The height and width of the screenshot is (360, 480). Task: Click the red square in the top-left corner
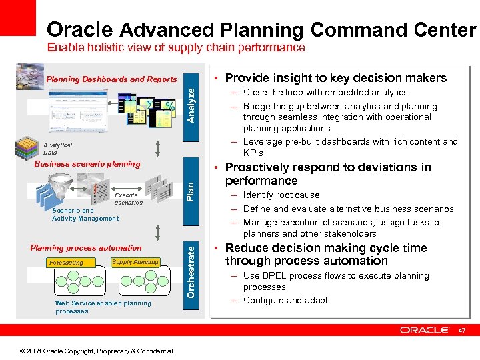(17, 17)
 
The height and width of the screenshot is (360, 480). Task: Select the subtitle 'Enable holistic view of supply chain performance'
(175, 48)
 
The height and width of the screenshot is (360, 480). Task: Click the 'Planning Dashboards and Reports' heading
(111, 79)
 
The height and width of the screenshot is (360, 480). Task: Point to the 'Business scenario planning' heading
(87, 164)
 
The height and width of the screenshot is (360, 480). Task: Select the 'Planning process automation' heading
(86, 248)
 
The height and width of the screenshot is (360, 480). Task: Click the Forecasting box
(67, 263)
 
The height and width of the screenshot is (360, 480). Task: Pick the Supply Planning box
(135, 262)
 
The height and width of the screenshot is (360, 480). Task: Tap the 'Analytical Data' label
(57, 149)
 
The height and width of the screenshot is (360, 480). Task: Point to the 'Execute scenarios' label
(128, 199)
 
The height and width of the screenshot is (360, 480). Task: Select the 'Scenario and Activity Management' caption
(85, 215)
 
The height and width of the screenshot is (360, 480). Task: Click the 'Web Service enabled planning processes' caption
(103, 307)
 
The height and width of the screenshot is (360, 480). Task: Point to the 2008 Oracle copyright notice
(97, 351)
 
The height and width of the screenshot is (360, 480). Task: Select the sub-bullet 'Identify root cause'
(281, 195)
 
